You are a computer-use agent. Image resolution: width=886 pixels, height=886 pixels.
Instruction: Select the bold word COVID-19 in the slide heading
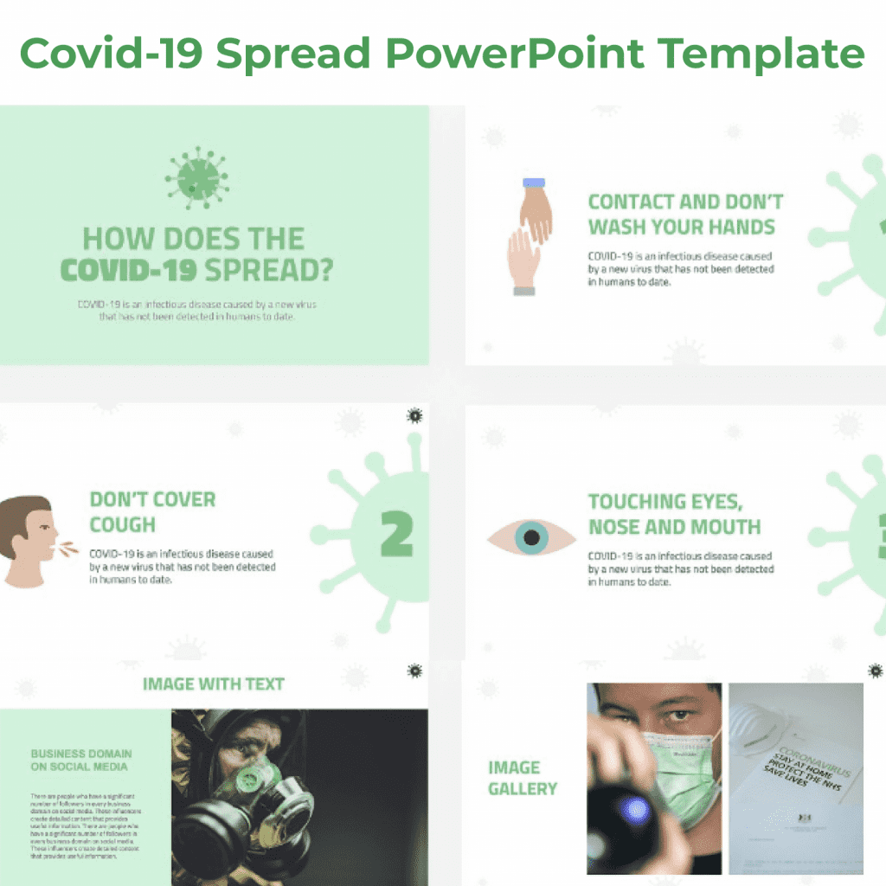coord(129,270)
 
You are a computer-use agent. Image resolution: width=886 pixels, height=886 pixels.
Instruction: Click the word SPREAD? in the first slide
coord(267,270)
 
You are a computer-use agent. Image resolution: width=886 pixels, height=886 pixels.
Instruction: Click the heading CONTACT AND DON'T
coord(685,202)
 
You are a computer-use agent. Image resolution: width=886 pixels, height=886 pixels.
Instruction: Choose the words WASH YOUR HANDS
coord(681,228)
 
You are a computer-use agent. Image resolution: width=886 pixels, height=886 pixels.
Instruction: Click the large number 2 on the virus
coord(396,536)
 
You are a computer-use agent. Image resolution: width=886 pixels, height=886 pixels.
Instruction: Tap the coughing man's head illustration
coord(29,540)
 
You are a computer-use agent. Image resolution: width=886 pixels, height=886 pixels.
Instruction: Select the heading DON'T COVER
coord(152,500)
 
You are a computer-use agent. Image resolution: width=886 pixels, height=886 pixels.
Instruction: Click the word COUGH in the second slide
coord(123,525)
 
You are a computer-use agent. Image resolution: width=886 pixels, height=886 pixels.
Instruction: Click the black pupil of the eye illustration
coord(531,538)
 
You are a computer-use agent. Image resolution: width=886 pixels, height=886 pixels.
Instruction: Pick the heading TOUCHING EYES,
coord(665,502)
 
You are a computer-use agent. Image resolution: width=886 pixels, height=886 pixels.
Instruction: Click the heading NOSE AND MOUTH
coord(674,527)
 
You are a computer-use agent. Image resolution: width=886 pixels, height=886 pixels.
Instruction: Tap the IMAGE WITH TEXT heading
coord(213,684)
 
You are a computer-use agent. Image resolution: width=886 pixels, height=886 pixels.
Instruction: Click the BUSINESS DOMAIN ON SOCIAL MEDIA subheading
coord(81,760)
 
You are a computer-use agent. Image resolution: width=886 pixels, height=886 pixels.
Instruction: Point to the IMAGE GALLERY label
coord(523,778)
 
